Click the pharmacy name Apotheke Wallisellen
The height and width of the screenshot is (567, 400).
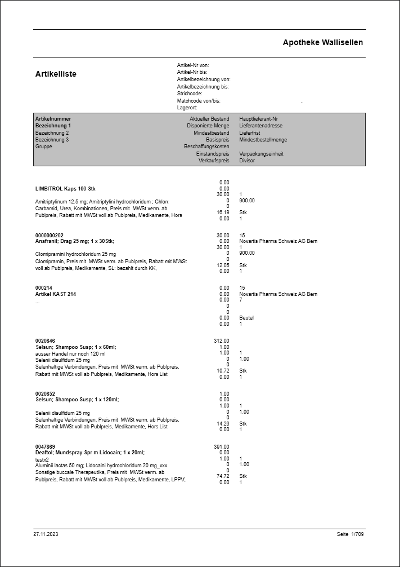pos(322,42)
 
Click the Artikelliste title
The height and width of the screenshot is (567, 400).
pos(56,74)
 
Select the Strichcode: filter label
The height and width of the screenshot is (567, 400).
pos(190,94)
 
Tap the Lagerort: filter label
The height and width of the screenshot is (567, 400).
pos(187,107)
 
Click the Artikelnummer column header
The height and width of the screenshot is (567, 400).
pos(53,119)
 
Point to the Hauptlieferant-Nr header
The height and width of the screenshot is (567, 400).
pos(258,119)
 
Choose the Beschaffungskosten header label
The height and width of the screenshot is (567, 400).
pos(206,147)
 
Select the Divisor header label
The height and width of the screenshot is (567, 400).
pos(247,161)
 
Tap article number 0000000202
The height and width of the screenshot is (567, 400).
pos(50,235)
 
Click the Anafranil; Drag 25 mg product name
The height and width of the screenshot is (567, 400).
pos(75,241)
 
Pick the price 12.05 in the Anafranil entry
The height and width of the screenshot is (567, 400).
pos(223,265)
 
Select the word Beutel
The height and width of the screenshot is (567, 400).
pos(246,318)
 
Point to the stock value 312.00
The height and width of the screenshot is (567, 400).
pos(222,341)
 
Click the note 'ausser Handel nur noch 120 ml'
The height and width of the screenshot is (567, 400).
pos(70,353)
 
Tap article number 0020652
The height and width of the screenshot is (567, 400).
pos(45,394)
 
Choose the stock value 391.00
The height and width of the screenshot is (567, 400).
pos(222,446)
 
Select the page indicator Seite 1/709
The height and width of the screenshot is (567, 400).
pos(350,534)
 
